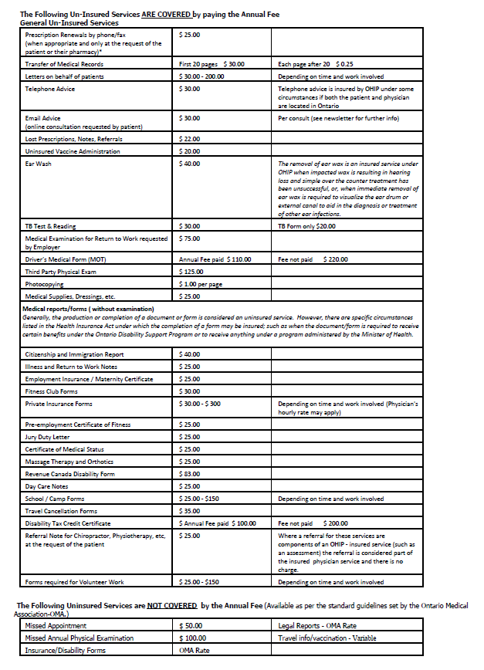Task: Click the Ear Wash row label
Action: coord(39,164)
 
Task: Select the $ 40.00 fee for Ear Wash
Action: coord(190,164)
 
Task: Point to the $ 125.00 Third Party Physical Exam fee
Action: coord(192,271)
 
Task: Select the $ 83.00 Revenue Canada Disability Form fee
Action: coord(190,474)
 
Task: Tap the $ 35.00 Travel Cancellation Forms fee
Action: coord(190,511)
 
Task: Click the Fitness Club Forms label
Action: coord(52,391)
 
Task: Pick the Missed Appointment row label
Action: coord(57,625)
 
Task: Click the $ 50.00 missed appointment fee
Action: coord(191,625)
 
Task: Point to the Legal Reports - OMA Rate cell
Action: coord(310,625)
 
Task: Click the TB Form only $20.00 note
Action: coord(306,225)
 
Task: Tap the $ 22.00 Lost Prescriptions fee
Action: coord(190,139)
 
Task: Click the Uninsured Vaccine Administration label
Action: coord(73,151)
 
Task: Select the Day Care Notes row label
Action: coord(46,486)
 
